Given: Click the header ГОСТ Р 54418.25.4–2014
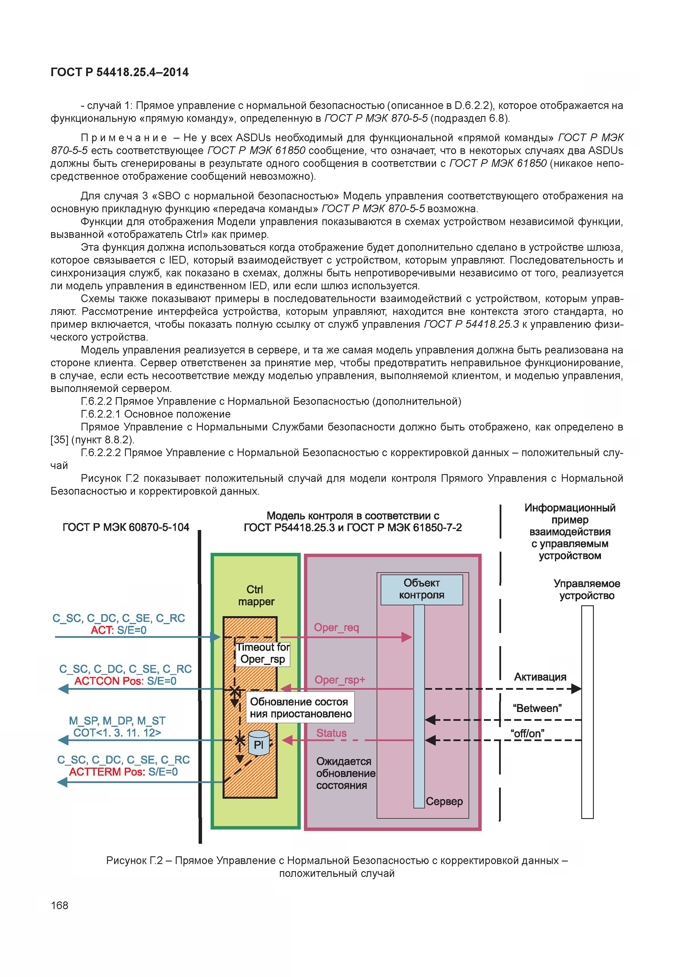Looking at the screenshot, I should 120,72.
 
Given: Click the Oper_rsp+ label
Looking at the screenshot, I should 340,680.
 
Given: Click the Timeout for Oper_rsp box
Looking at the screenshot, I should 263,653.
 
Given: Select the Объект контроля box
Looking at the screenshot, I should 421,589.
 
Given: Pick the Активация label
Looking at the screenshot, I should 540,677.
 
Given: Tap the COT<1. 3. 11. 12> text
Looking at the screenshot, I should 117,733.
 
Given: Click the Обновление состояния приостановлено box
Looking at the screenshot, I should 300,708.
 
